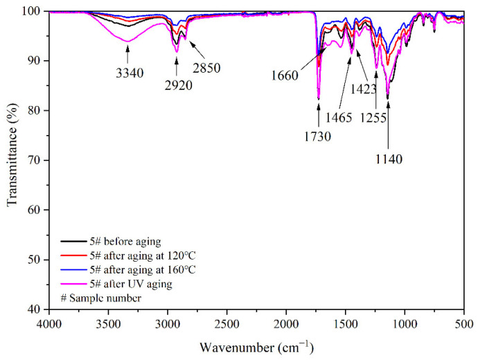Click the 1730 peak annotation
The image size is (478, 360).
point(317,136)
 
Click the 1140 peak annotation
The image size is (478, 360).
point(388,159)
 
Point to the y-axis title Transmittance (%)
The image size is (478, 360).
point(12,160)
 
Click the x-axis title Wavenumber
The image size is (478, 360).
point(257,345)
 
